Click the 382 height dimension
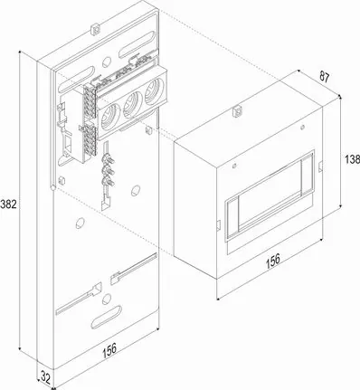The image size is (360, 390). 8,205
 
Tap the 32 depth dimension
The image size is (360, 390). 45,378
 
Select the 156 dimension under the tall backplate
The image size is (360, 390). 109,350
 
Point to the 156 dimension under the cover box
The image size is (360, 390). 273,261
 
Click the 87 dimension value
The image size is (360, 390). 324,77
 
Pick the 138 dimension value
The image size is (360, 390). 353,159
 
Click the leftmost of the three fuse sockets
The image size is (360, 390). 110,115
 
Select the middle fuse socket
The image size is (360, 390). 133,104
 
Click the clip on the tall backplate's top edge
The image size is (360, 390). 95,29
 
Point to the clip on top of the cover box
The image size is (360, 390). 237,111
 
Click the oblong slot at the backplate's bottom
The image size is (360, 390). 106,317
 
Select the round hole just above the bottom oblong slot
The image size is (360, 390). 106,299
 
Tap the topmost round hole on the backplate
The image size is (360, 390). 107,62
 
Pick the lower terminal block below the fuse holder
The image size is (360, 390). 90,140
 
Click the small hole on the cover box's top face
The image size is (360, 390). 303,127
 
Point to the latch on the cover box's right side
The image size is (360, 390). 321,166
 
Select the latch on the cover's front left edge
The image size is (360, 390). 219,225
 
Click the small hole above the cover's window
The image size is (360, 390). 234,166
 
